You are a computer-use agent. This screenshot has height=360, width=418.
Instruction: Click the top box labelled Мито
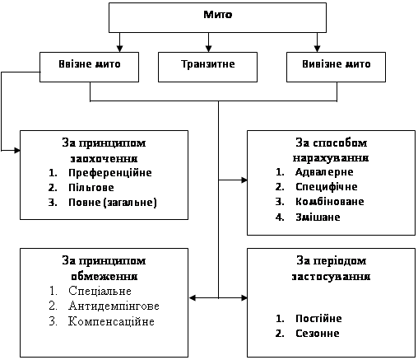point(217,17)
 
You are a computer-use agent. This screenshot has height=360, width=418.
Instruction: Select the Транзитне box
point(207,67)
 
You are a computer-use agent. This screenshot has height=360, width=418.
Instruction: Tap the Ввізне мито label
point(90,64)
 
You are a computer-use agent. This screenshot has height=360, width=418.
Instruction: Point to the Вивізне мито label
point(337,64)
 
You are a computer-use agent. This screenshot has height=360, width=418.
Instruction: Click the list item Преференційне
point(110,173)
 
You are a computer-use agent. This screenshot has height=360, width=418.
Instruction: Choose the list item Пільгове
point(91,188)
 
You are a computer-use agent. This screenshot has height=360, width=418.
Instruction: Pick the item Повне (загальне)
point(113,203)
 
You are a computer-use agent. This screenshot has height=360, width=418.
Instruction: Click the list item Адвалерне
point(324,172)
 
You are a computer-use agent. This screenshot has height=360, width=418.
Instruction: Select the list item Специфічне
point(327,187)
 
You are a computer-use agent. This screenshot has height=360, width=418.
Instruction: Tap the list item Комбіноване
point(330,202)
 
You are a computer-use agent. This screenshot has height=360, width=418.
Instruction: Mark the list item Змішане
point(318,217)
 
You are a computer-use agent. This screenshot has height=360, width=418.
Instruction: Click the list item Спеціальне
point(100,291)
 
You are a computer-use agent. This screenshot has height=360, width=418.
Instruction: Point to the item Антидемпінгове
point(114,306)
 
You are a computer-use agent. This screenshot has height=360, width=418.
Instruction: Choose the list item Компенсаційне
point(111,321)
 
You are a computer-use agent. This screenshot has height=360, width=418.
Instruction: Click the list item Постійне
point(318,318)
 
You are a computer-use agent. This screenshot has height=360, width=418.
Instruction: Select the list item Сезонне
point(318,333)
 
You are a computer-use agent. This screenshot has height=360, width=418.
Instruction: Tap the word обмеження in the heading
point(104,276)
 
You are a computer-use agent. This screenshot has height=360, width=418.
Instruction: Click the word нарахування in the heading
point(331,158)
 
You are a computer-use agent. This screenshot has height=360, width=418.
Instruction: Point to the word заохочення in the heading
point(104,159)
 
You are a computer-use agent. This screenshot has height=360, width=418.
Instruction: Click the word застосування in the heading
point(331,276)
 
